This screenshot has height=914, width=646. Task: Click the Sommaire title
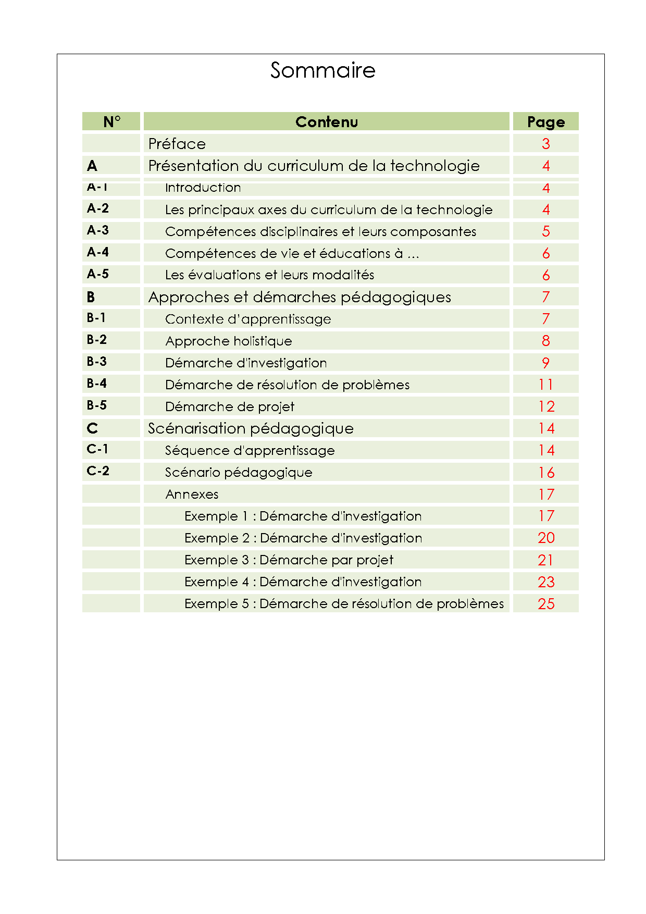pos(322,70)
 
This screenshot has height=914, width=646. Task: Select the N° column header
pos(111,121)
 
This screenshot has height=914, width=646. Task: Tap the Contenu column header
pos(327,121)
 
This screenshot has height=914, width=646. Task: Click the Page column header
pos(545,121)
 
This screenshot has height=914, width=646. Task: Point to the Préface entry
pos(177,144)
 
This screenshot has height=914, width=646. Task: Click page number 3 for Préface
pos(545,144)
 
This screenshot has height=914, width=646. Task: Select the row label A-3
pos(98,230)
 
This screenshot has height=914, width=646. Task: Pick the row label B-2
pos(97,340)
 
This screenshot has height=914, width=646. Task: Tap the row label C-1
pos(97,449)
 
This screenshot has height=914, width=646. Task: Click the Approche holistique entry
pos(229,341)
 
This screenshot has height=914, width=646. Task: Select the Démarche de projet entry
pos(230,406)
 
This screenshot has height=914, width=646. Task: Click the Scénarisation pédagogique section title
pos(251,428)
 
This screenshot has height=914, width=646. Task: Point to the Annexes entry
pos(192,494)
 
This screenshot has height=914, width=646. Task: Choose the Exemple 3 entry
pos(289,560)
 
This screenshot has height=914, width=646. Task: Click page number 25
pos(546,603)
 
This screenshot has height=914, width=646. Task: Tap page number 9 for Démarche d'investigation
pos(545,363)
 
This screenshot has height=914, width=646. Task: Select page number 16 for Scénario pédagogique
pos(546,472)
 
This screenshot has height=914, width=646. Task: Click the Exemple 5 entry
pos(344,603)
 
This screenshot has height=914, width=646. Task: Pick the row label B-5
pos(97,405)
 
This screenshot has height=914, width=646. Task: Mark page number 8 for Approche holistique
pos(545,341)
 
